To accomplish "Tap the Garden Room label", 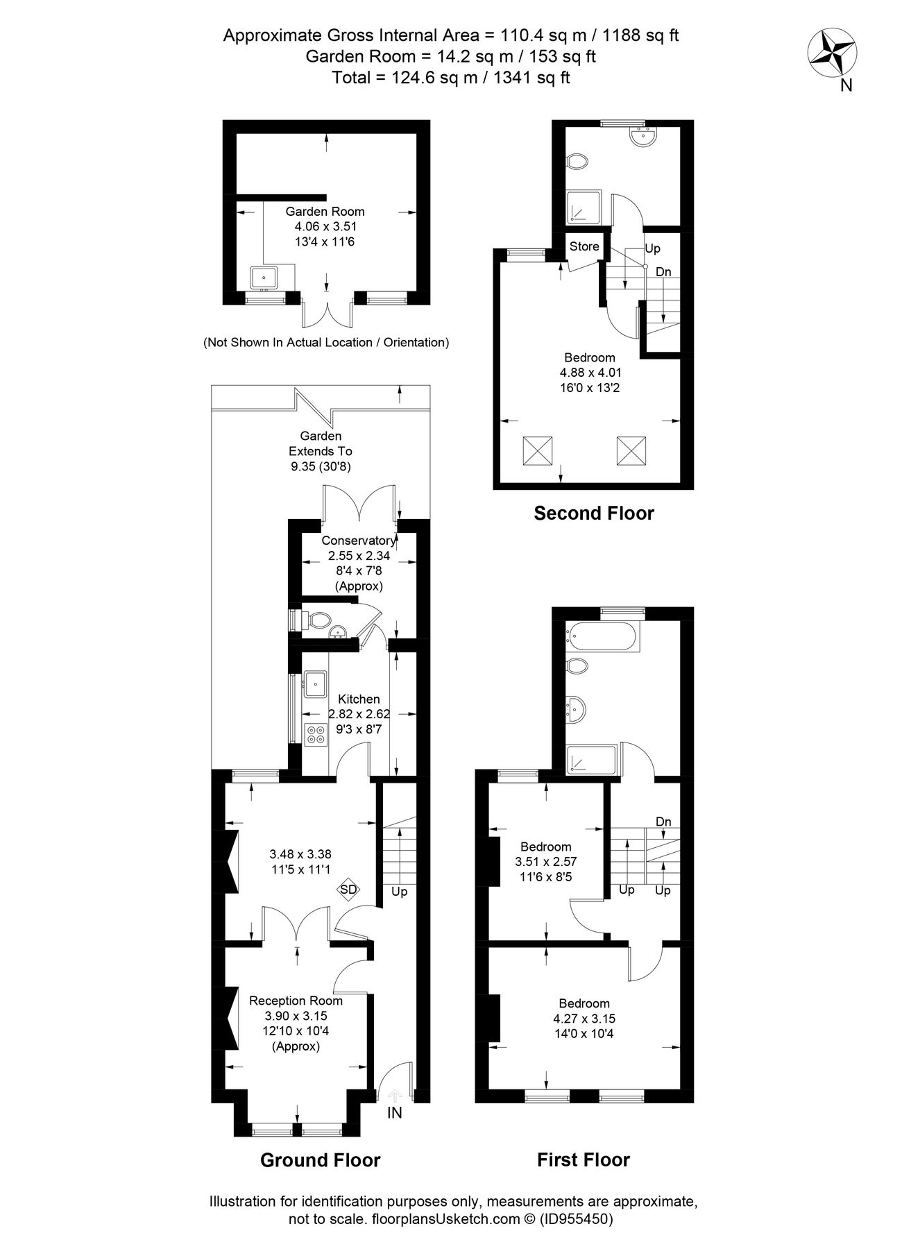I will click(325, 212).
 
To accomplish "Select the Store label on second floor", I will click(584, 246).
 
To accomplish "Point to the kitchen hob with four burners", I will click(316, 734).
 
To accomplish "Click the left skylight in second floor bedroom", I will click(537, 451).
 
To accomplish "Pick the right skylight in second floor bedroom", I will click(631, 451).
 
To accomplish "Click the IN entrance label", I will click(394, 1113).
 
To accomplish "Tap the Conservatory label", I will click(358, 541).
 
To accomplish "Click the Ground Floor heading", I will click(320, 1159).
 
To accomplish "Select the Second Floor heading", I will click(593, 513).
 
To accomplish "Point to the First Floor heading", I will click(583, 1159).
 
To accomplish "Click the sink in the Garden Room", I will click(264, 279).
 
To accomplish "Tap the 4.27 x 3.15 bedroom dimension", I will click(584, 1019).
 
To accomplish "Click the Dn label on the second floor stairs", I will click(663, 272).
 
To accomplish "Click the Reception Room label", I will click(296, 1001).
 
